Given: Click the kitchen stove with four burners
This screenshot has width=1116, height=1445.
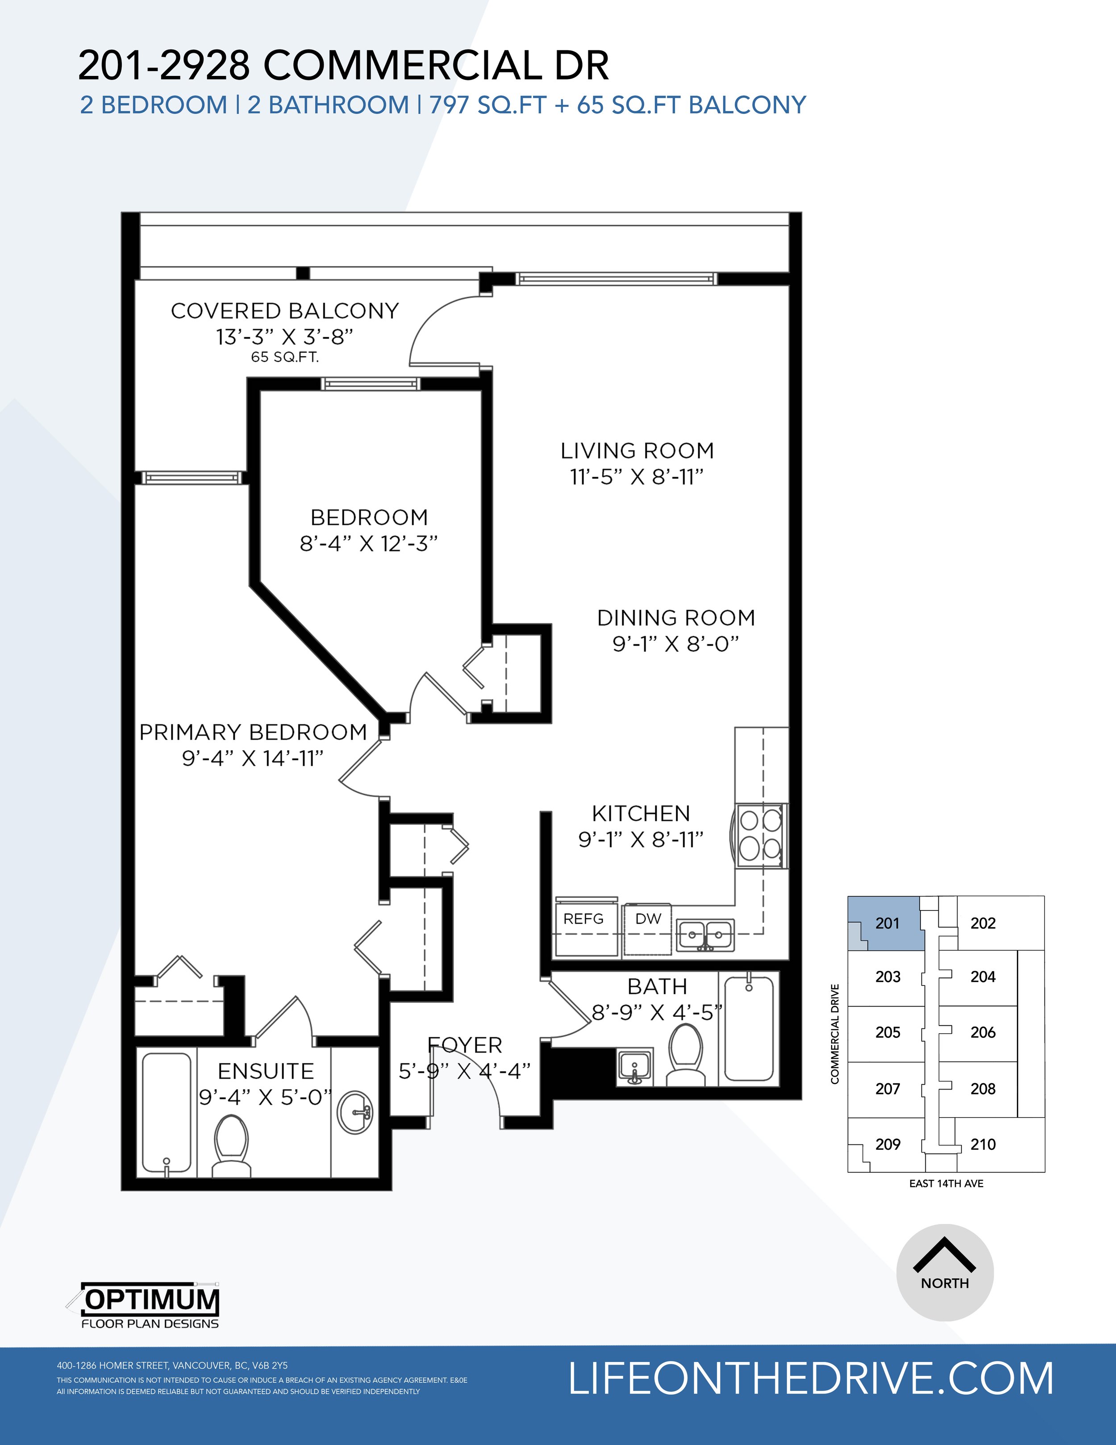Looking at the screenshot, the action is click(x=759, y=835).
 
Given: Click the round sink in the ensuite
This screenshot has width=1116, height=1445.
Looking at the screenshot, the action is click(x=358, y=1113).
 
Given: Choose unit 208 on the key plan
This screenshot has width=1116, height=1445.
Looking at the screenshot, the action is click(x=983, y=1088).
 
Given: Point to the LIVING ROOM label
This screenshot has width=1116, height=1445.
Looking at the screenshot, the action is click(x=637, y=451).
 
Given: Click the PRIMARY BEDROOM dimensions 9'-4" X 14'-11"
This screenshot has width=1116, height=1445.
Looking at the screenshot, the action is click(x=253, y=758).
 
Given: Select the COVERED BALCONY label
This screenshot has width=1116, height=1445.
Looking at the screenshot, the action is click(x=284, y=311).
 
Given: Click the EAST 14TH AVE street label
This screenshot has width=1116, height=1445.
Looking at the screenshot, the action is click(x=946, y=1184).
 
